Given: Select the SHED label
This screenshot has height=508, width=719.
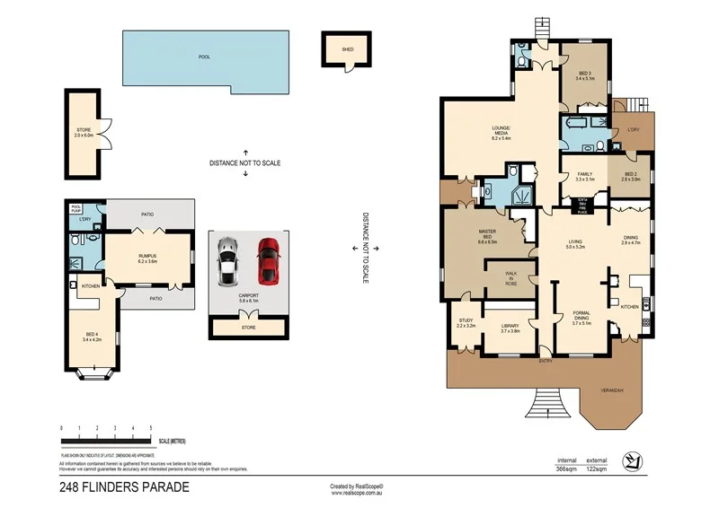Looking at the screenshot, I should tap(346, 50).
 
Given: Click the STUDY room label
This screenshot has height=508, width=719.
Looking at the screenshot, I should tap(465, 322).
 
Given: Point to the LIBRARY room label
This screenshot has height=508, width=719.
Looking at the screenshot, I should tap(510, 328).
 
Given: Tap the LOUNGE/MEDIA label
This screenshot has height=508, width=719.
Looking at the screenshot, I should tap(501, 135).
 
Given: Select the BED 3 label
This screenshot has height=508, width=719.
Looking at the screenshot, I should tap(585, 75).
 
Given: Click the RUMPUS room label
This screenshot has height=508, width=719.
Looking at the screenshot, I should tap(147, 258).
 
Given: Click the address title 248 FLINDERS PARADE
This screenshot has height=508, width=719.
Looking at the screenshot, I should tap(125, 488).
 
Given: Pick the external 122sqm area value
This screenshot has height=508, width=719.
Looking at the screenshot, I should tap(599, 469).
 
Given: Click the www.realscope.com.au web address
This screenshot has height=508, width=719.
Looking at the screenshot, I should tap(358, 493).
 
